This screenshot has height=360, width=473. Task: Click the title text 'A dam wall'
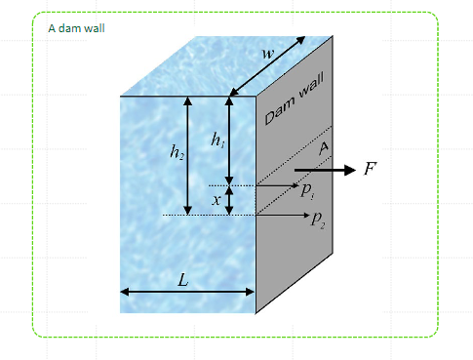76,27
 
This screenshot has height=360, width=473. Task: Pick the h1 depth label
217,140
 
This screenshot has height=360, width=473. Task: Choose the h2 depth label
177,151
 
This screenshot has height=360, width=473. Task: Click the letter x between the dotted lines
217,199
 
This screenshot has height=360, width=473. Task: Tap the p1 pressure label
306,192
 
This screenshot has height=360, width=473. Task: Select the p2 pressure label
319,220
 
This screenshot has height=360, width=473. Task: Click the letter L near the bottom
182,279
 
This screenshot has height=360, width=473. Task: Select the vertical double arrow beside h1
230,140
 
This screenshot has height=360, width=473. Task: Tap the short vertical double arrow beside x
230,200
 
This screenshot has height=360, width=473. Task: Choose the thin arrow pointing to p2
283,214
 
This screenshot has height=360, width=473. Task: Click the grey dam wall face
297,244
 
